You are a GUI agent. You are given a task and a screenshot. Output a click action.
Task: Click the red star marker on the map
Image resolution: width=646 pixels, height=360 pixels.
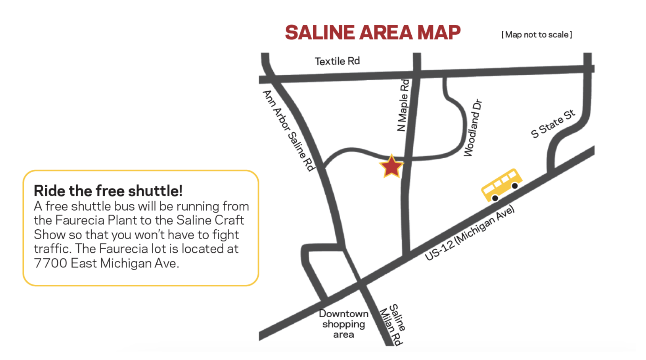point(391,167)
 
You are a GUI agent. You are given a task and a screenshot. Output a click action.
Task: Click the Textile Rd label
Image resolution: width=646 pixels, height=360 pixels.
point(337,61)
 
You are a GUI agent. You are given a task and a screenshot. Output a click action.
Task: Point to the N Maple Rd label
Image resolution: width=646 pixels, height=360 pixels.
point(403,105)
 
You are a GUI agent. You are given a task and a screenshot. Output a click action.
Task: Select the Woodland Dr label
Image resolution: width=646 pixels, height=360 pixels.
point(473,128)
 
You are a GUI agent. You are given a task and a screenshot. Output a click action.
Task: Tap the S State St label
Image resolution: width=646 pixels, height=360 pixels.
point(553,124)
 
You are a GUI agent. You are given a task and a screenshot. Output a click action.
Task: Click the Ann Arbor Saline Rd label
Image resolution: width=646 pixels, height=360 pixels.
point(289,130)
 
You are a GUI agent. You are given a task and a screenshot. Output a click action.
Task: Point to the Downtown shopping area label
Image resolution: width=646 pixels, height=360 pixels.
point(343,324)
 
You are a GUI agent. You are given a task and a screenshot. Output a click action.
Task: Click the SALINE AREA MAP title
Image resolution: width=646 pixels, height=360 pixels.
point(373,32)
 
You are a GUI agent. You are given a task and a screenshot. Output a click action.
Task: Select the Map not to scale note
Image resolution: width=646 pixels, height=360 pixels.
point(537,35)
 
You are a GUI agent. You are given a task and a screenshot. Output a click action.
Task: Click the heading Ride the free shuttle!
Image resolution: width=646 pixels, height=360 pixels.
point(108,190)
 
